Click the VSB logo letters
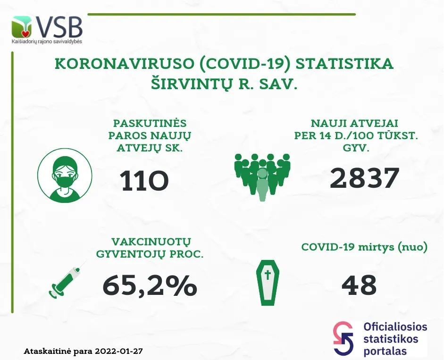59,27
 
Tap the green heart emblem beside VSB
22,27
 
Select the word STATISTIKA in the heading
344,63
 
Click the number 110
144,181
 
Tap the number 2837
365,178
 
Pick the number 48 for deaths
359,285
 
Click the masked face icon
65,176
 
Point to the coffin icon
268,283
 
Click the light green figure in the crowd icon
262,184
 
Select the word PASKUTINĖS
150,124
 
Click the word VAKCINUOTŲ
151,242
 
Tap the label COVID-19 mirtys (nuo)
364,247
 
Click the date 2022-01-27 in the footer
119,352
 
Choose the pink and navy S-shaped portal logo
343,338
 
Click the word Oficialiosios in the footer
395,327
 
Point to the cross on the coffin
268,275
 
